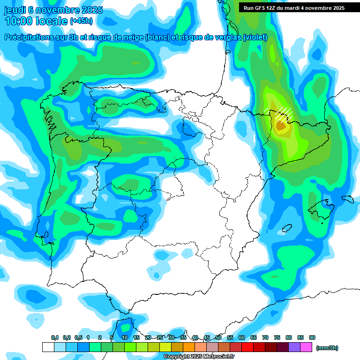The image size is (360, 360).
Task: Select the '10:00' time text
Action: (x=19, y=21)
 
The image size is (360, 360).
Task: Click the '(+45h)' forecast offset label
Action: (x=81, y=21)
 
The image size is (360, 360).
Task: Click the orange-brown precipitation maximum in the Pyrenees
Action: (x=281, y=125)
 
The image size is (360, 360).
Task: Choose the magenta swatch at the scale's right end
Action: (x=306, y=347)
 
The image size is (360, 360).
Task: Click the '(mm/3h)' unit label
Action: (x=327, y=348)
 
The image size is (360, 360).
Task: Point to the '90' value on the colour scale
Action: (x=312, y=337)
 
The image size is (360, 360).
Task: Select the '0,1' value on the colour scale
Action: (x=54, y=337)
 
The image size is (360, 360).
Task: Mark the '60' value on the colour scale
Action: (x=242, y=337)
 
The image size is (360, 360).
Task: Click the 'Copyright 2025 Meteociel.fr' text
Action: (x=199, y=357)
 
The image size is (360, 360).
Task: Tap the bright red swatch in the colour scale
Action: (x=247, y=347)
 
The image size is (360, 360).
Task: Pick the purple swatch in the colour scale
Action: (x=294, y=347)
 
